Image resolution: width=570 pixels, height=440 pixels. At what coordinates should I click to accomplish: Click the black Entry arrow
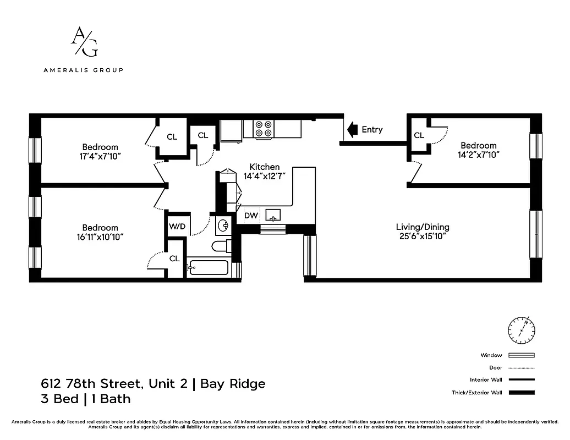350,130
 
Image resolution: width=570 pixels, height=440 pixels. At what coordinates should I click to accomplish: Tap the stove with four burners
264,129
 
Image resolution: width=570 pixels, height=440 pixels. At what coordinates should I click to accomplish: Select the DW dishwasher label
251,216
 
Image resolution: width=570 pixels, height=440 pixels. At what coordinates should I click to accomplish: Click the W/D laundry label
177,226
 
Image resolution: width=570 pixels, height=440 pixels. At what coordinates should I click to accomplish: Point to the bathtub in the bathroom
207,268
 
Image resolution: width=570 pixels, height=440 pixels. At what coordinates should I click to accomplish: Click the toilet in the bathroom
222,246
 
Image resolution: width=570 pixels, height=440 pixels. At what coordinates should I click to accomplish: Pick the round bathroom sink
223,225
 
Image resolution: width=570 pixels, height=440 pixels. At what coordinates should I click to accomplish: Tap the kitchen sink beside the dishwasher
273,215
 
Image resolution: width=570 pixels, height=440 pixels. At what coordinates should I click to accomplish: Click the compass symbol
520,330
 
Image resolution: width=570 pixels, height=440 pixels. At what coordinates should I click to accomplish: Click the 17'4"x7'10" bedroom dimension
100,156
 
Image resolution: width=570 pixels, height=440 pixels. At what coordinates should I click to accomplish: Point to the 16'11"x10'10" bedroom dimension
100,237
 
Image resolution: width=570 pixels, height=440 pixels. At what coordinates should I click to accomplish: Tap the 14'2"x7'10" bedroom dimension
478,155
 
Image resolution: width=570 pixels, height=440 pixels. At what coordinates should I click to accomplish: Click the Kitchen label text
264,167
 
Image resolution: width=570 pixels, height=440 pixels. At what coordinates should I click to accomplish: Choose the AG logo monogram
84,43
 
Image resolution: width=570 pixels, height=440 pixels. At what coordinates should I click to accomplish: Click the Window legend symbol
521,355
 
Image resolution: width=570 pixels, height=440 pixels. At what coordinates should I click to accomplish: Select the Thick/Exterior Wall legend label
484,393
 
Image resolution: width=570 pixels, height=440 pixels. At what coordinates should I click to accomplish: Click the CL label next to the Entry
419,135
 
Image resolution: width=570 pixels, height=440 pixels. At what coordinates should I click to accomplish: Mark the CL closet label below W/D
174,258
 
